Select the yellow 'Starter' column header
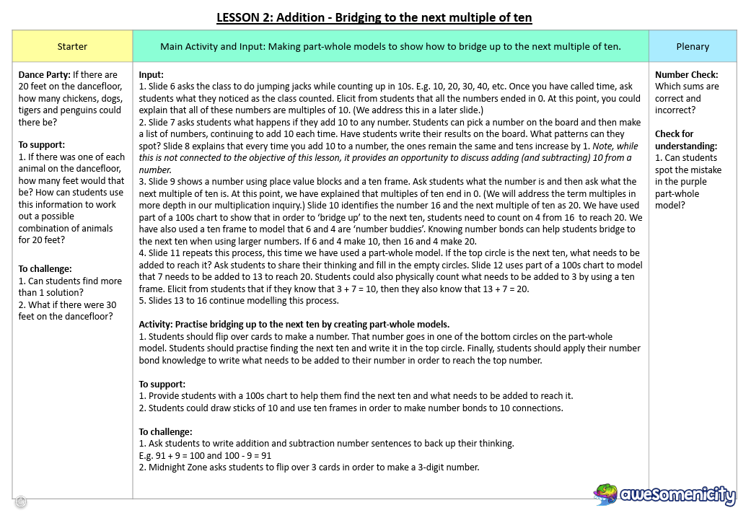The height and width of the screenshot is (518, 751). pos(72,47)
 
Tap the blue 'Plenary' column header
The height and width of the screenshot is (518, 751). pos(693,47)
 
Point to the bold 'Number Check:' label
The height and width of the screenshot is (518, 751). pos(686,74)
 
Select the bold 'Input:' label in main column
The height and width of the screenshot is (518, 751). pos(151,74)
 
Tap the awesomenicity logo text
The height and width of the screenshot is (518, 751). pos(677,496)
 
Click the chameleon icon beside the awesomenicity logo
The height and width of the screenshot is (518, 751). pos(605,494)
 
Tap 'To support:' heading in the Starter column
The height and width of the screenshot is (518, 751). pos(42,144)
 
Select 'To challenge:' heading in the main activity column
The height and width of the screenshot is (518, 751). pos(165,432)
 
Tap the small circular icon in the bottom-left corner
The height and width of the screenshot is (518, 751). pos(21,501)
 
